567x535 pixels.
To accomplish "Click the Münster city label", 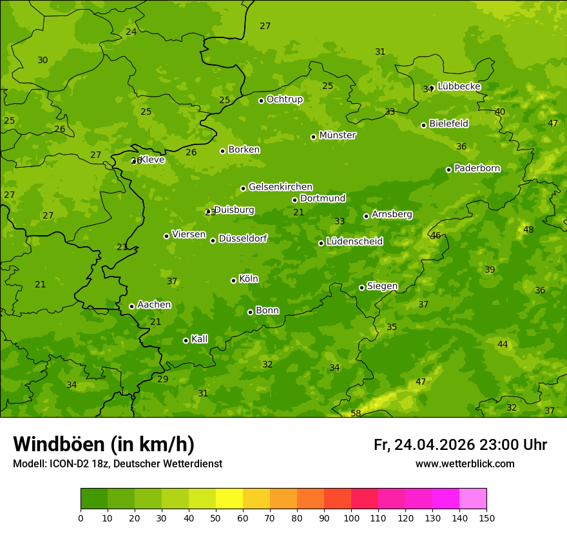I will click(x=337, y=135).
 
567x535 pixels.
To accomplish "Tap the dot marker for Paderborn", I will click(x=449, y=170).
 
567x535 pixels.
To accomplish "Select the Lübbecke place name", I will click(x=459, y=86).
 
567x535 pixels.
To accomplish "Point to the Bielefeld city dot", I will click(x=424, y=125).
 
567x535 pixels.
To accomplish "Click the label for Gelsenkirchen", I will click(x=280, y=187).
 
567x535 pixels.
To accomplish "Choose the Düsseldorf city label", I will click(x=242, y=239).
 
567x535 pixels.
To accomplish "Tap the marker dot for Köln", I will click(x=234, y=280).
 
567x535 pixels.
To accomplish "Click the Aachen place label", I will click(x=154, y=305).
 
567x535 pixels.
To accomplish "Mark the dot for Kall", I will click(x=186, y=340).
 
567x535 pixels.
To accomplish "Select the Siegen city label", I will click(x=382, y=286).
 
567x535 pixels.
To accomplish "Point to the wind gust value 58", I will click(x=356, y=413).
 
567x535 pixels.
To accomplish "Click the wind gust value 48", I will click(x=528, y=230).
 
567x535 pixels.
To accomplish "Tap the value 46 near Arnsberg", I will click(x=436, y=236).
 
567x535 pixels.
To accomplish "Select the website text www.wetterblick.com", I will click(x=465, y=464).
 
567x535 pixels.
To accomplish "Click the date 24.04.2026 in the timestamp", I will click(x=434, y=445).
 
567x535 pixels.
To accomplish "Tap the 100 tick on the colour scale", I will click(x=351, y=518).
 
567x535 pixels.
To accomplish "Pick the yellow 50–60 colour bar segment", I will click(x=229, y=499).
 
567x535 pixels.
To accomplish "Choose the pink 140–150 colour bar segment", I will click(x=473, y=499).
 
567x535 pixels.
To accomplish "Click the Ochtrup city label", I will click(x=284, y=99).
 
